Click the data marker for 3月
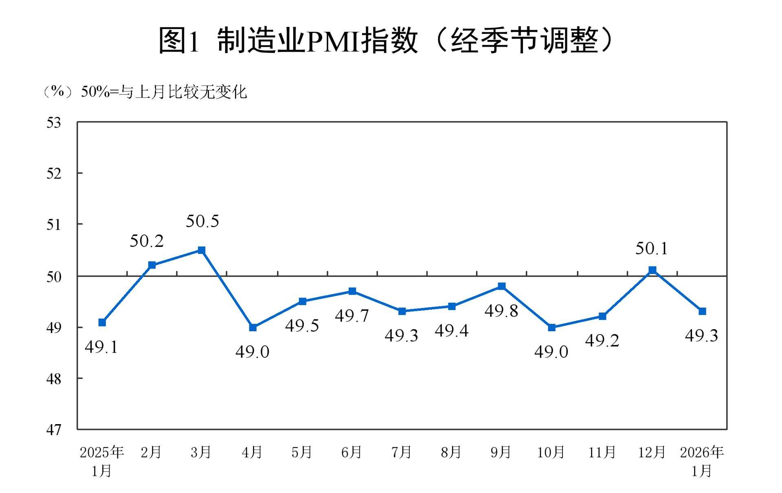click(x=201, y=250)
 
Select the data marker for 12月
click(x=652, y=270)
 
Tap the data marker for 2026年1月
click(x=702, y=311)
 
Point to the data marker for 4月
click(x=253, y=328)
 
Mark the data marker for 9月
click(x=502, y=286)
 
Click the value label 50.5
click(x=202, y=221)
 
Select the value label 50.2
click(x=147, y=241)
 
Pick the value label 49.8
click(x=501, y=311)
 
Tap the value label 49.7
click(x=352, y=316)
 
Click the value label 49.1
click(x=101, y=347)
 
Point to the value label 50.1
click(x=652, y=249)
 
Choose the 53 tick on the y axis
click(x=53, y=123)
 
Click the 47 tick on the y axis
click(x=53, y=429)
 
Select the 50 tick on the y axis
click(x=53, y=277)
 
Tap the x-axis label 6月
click(x=351, y=452)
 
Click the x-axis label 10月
click(x=551, y=452)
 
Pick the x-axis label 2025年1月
click(x=101, y=461)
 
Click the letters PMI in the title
click(x=332, y=41)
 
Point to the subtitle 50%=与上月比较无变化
click(x=164, y=92)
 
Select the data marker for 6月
click(x=352, y=291)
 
